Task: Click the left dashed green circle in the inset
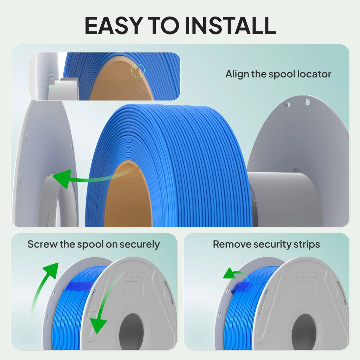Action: pyautogui.click(x=51, y=81)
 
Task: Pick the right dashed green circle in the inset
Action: pyautogui.click(x=138, y=70)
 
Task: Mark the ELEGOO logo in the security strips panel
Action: pyautogui.click(x=307, y=275)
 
